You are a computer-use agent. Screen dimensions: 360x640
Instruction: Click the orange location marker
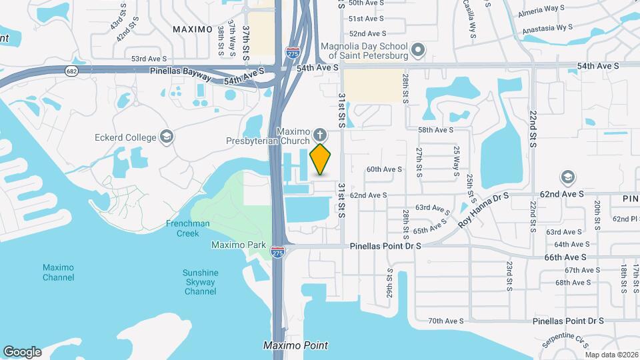pyautogui.click(x=321, y=159)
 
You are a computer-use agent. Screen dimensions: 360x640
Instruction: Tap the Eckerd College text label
pyautogui.click(x=125, y=138)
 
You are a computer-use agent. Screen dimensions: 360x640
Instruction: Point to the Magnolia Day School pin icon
pyautogui.click(x=418, y=51)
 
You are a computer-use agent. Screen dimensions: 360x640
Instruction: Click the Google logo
pyautogui.click(x=22, y=352)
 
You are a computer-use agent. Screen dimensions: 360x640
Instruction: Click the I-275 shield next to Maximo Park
pyautogui.click(x=278, y=252)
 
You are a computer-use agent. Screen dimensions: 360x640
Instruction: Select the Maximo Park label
pyautogui.click(x=234, y=245)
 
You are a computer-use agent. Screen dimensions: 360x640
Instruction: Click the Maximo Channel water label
pyautogui.click(x=58, y=272)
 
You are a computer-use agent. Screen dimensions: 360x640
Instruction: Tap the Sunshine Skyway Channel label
pyautogui.click(x=200, y=282)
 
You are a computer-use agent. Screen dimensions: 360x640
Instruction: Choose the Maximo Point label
pyautogui.click(x=295, y=345)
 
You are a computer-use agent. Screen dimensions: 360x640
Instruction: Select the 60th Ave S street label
pyautogui.click(x=384, y=169)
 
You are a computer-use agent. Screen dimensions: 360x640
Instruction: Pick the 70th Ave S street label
pyautogui.click(x=446, y=321)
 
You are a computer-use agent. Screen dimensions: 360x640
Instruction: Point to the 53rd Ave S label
pyautogui.click(x=148, y=59)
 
